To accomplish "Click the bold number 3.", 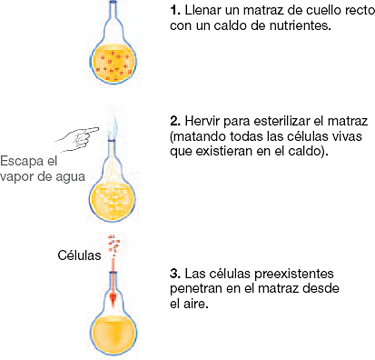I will pyautogui.click(x=174, y=273).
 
